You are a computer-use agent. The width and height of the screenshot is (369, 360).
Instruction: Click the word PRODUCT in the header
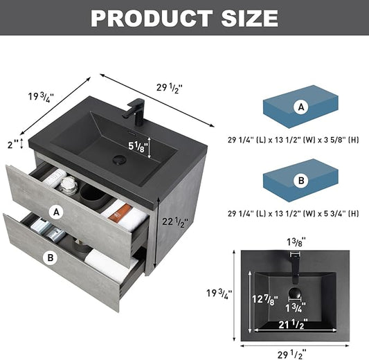click(x=152, y=18)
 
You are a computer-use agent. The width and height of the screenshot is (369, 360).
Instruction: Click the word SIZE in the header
click(x=249, y=18)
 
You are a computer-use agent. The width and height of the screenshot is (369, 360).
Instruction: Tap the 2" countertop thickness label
click(x=12, y=145)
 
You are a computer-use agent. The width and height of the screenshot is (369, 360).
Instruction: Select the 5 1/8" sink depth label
click(x=138, y=147)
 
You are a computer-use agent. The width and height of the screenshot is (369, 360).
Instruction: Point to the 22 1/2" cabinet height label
click(x=175, y=222)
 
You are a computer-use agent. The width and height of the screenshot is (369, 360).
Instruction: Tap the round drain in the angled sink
click(x=120, y=159)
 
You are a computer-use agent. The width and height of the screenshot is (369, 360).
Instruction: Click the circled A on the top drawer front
click(x=56, y=213)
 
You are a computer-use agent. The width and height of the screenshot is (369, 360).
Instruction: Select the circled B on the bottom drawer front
click(x=50, y=258)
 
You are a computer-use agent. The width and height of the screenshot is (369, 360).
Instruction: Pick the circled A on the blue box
click(x=301, y=107)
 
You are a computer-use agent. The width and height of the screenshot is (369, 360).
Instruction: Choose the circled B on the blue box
click(x=301, y=181)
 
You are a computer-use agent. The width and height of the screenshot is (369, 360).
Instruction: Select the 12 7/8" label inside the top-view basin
click(x=265, y=300)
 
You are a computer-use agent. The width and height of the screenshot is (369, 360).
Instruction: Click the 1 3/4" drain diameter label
click(x=296, y=308)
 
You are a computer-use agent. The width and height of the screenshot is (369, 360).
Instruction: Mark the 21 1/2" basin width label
click(x=294, y=324)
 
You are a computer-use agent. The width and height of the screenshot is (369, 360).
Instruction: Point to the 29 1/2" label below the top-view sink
click(x=292, y=354)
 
